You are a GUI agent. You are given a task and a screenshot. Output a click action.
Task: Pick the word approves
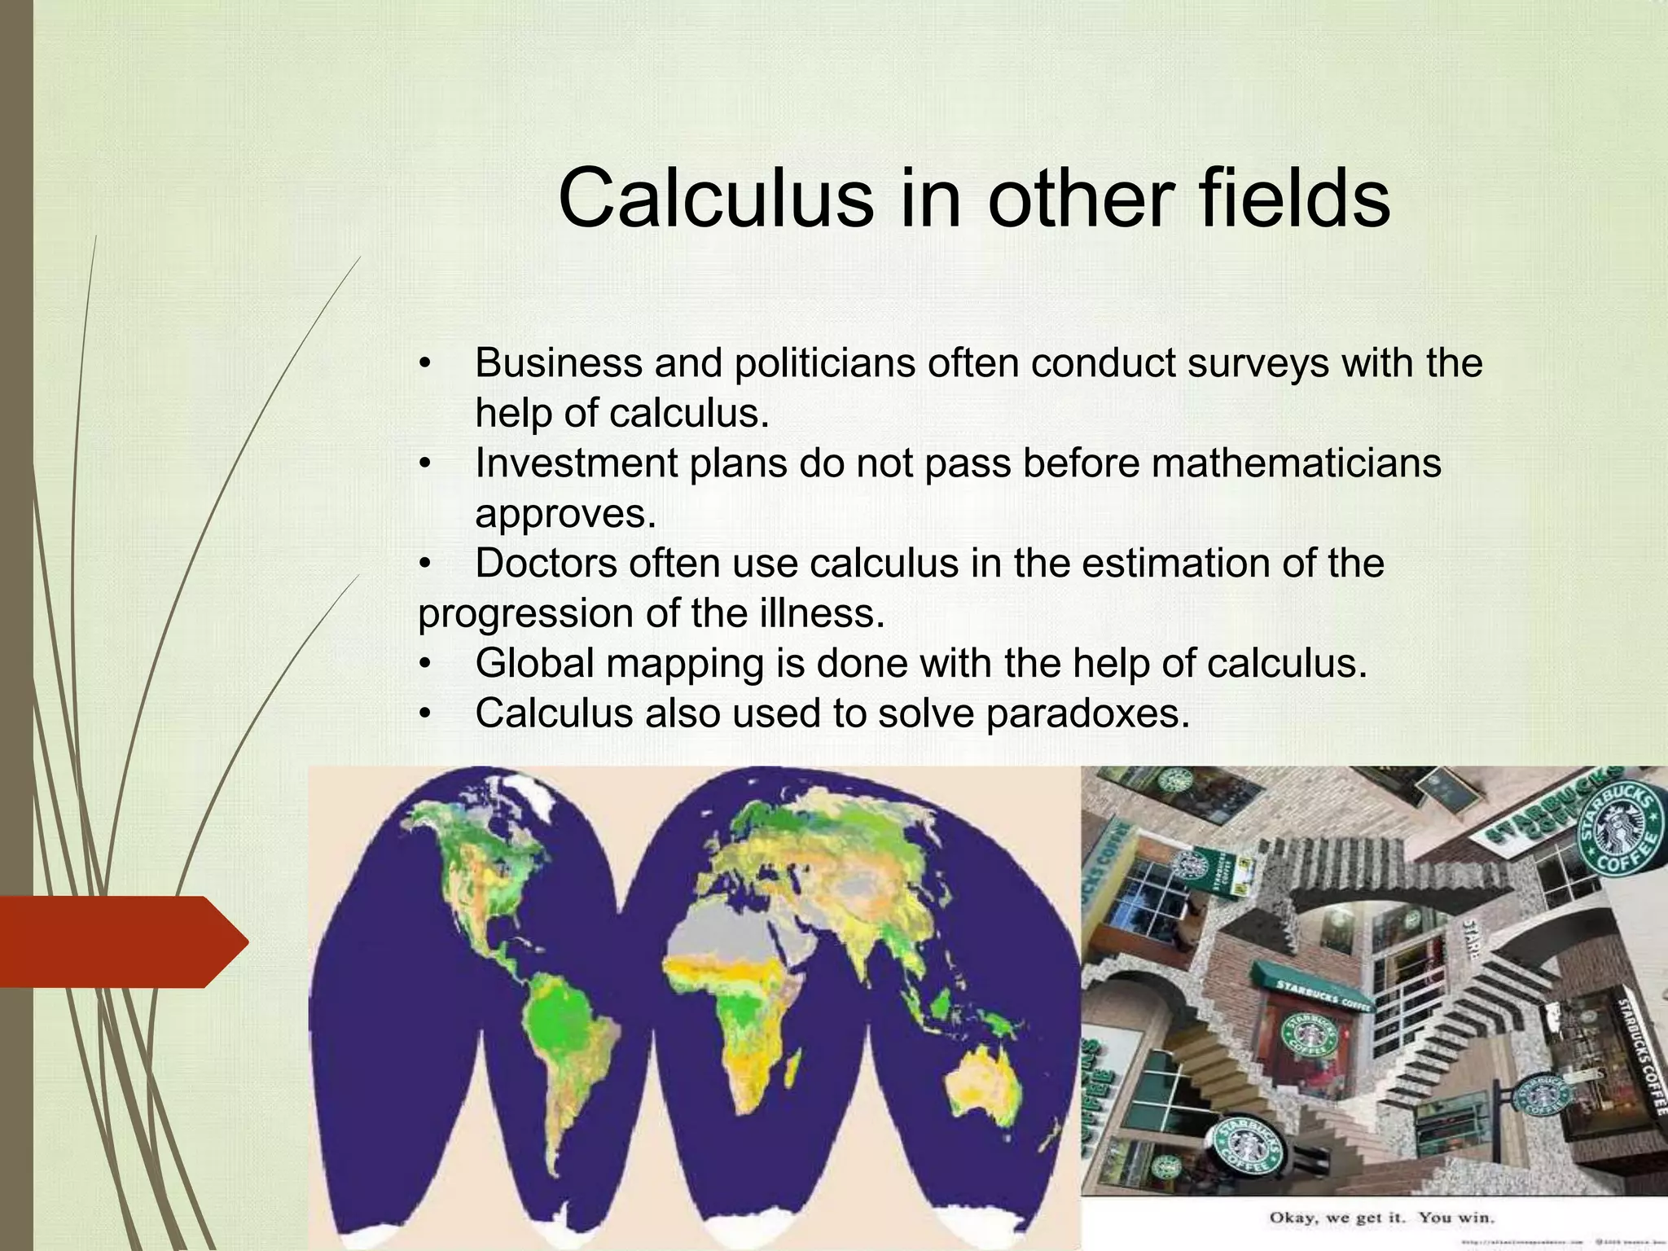pyautogui.click(x=565, y=514)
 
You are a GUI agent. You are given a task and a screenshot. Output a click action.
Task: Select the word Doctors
pyautogui.click(x=545, y=564)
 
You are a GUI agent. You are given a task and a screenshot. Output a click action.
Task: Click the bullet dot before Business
pyautogui.click(x=424, y=364)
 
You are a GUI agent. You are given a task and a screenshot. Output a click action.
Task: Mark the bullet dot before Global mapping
pyautogui.click(x=424, y=665)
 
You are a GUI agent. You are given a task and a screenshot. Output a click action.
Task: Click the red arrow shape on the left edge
pyautogui.click(x=122, y=942)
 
